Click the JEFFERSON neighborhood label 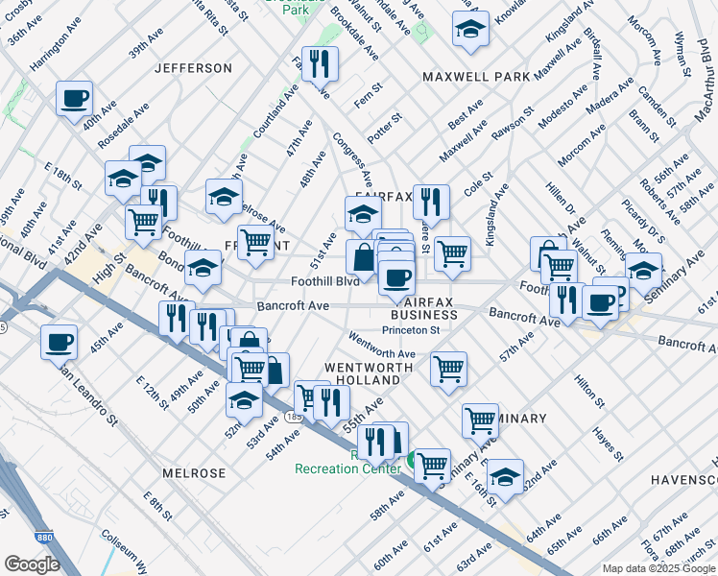coord(193,68)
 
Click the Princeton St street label coord(410,330)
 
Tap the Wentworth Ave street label coord(382,347)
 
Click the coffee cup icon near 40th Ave coord(74,98)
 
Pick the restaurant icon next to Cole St coord(431,202)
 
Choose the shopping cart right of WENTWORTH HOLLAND coord(448,369)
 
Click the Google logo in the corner coord(31,564)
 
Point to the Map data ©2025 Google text coord(658,568)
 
